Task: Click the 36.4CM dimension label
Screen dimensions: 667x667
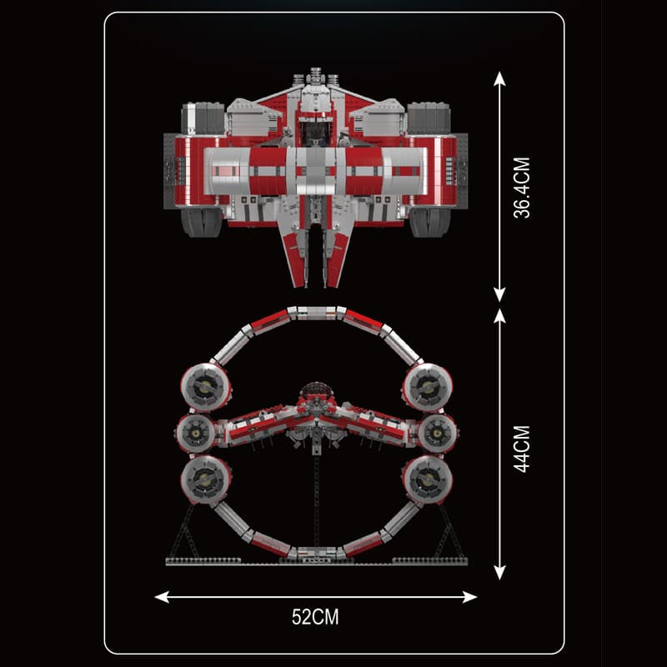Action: pos(522,188)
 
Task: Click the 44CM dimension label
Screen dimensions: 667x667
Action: pos(522,449)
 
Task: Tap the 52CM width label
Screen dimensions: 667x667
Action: pos(315,617)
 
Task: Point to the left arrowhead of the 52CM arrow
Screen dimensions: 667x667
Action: pos(162,597)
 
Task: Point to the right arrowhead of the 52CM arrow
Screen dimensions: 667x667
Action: pos(469,597)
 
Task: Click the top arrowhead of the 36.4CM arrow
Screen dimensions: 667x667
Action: pos(499,78)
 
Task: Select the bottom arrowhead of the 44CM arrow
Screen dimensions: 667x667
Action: pos(499,572)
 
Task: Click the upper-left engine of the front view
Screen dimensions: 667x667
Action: pos(206,388)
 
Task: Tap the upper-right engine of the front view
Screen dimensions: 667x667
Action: pos(427,388)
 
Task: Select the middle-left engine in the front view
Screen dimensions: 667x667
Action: pos(196,433)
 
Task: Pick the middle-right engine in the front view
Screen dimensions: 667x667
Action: pos(437,433)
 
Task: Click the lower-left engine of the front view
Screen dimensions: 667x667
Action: pos(206,479)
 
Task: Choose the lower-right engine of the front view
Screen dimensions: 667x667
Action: pos(427,479)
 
